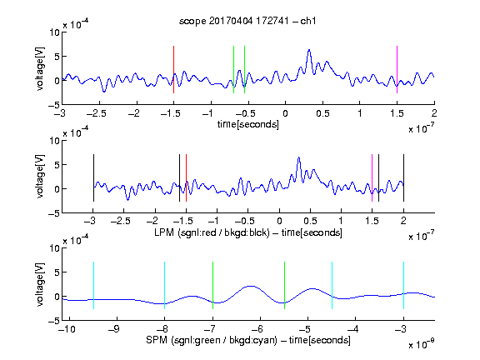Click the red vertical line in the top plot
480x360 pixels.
173,69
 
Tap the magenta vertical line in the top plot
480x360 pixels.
397,69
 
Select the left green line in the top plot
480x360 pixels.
233,69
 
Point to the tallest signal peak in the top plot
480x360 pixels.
309,50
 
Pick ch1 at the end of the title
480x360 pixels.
308,21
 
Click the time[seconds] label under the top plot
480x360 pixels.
248,124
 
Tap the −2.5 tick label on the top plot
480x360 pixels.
96,113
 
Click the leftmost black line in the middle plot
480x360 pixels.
93,177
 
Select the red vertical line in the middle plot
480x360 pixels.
186,177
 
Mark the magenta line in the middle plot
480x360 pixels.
372,177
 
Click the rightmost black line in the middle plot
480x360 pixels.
403,177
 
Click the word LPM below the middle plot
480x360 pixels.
164,232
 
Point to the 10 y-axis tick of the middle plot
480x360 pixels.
54,141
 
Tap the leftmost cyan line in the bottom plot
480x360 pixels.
93,285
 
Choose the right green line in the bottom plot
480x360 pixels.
284,285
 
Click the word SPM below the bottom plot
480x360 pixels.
157,340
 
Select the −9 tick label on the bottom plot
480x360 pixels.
114,329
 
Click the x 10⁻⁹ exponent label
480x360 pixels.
422,344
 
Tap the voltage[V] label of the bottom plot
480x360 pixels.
40,284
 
